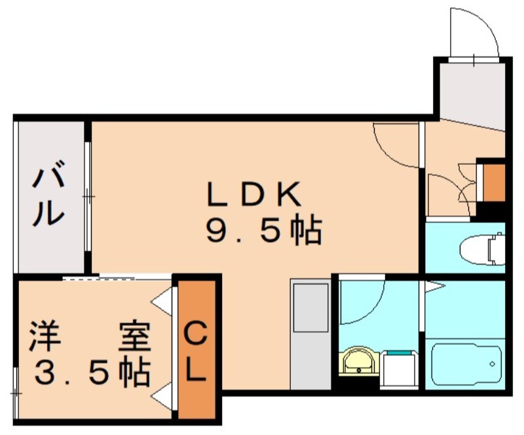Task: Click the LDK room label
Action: pyautogui.click(x=253, y=194)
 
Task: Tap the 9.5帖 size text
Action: pyautogui.click(x=264, y=231)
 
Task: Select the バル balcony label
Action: pyautogui.click(x=48, y=194)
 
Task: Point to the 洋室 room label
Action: pyautogui.click(x=90, y=336)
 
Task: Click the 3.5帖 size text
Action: pyautogui.click(x=92, y=372)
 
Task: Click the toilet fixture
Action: pyautogui.click(x=482, y=249)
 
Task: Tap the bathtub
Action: pyautogui.click(x=466, y=365)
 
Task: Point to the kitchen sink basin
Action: pyautogui.click(x=310, y=308)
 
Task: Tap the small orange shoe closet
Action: pyautogui.click(x=494, y=183)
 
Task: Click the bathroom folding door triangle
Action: pyautogui.click(x=434, y=287)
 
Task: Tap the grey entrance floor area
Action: pyautogui.click(x=472, y=95)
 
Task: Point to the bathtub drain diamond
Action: pyautogui.click(x=492, y=364)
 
